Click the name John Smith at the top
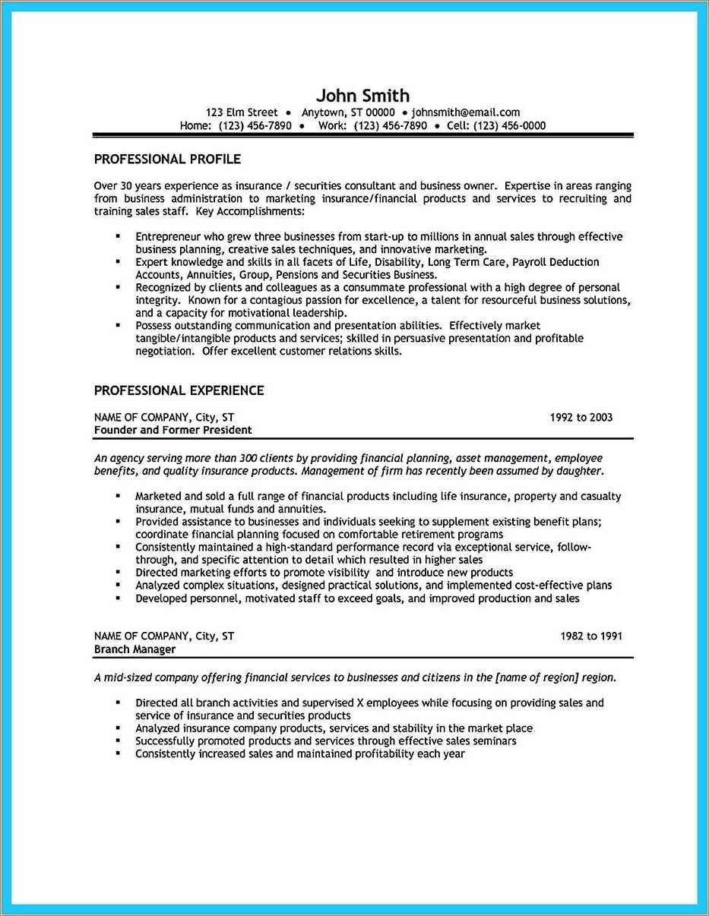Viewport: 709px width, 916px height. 362,96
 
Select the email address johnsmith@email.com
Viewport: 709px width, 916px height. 465,112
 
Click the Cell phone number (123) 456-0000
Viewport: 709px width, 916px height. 509,125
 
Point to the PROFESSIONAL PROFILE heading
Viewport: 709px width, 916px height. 167,159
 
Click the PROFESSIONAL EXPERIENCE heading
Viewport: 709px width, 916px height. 179,390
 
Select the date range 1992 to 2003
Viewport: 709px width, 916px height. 581,417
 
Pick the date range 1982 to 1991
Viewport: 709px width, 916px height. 591,636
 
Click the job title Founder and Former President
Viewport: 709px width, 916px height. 173,430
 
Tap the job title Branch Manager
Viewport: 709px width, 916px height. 135,649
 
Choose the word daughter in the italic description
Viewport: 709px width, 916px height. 580,471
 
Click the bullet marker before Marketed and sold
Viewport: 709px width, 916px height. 118,495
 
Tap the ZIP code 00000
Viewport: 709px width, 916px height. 380,112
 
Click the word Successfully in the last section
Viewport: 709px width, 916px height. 167,741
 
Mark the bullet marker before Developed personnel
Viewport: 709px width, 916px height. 118,598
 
